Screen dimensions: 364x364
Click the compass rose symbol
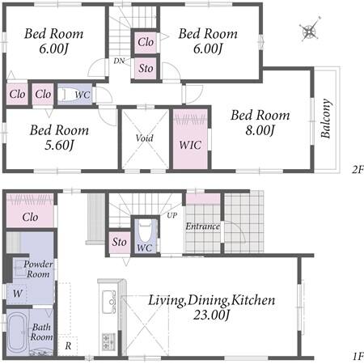tap(310, 30)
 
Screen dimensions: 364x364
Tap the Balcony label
tap(326, 119)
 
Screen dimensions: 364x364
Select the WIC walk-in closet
tap(190, 139)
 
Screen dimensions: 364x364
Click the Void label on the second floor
tap(145, 138)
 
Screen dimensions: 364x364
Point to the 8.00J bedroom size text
tap(260, 130)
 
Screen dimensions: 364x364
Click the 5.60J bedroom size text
tap(59, 146)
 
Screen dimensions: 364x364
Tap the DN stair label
tap(119, 61)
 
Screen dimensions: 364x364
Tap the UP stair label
tap(172, 215)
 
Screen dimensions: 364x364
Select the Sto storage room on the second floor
tap(146, 68)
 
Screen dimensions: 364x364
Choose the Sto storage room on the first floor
tap(120, 242)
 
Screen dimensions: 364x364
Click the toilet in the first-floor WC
tap(145, 231)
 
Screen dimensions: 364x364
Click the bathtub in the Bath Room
tap(17, 332)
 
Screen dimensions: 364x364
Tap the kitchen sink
tap(109, 302)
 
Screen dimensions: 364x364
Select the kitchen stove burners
tap(108, 341)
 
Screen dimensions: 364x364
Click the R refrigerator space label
tap(68, 345)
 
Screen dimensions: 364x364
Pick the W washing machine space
tap(18, 294)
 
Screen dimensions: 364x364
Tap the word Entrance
tap(202, 226)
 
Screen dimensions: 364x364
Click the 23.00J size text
tap(212, 315)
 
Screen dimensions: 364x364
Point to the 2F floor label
tap(358, 170)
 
